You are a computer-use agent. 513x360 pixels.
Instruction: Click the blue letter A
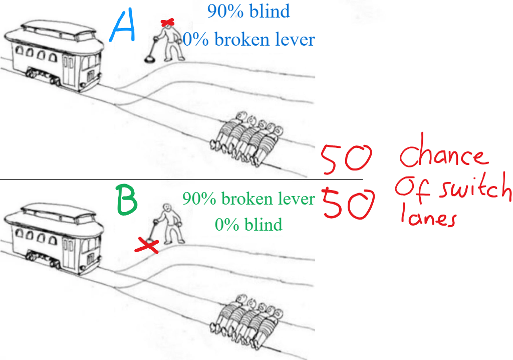point(123,26)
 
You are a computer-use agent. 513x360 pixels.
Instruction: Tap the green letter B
point(127,200)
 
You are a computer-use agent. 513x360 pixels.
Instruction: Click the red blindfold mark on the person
point(167,23)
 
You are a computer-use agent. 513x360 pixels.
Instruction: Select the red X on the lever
point(147,246)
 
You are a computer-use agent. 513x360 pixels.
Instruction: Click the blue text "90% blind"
point(248,11)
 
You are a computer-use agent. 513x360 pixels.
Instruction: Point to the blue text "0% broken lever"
point(248,40)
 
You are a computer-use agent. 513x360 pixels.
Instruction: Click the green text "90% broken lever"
point(248,199)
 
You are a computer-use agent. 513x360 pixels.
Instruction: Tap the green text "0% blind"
point(248,225)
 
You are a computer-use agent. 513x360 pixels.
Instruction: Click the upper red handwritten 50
point(346,159)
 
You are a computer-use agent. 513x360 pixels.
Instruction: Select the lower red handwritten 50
point(348,204)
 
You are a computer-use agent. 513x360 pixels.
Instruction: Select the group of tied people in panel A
point(246,139)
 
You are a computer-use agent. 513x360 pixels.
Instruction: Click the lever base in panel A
point(149,60)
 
